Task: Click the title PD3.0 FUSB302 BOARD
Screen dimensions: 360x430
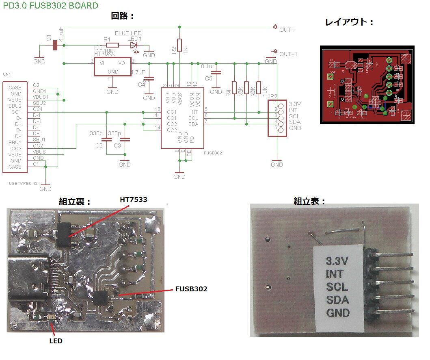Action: coord(50,6)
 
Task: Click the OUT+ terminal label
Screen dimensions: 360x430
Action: coord(287,30)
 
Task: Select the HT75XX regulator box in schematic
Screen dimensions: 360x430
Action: coord(112,66)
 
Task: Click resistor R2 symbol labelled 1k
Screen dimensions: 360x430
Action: coord(179,45)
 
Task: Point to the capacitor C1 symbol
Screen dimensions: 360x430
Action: coord(56,46)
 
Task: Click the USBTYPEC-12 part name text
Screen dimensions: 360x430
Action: coord(23,184)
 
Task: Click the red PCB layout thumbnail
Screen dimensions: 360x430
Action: coord(367,85)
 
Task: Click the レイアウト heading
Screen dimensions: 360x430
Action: coord(349,22)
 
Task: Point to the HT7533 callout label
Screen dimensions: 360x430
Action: coord(133,200)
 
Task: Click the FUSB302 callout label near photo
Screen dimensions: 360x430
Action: coord(191,289)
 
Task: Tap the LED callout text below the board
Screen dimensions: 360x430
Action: coord(56,341)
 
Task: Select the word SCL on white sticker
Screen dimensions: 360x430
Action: coord(337,287)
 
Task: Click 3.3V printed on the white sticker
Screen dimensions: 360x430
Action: coord(337,260)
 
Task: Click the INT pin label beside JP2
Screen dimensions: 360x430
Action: coord(293,110)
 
